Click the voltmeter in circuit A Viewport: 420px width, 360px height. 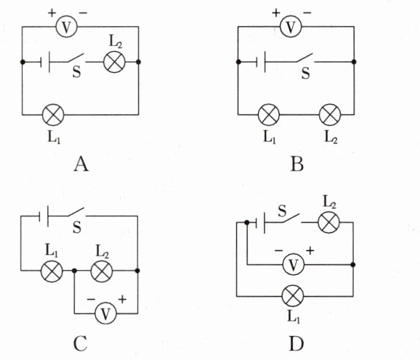[66, 27]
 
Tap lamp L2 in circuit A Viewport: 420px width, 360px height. [114, 62]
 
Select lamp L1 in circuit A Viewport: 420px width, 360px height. [53, 115]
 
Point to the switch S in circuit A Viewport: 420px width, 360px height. [76, 59]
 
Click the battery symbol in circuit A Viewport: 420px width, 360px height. [45, 62]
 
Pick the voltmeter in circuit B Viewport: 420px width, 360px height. [291, 27]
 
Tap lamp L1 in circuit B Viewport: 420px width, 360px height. [269, 115]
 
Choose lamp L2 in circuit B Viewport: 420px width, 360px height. [330, 115]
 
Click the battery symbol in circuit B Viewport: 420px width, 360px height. [261, 62]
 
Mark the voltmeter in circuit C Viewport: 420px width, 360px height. [106, 314]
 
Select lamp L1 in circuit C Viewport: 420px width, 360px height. [52, 271]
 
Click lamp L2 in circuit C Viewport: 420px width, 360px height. [102, 271]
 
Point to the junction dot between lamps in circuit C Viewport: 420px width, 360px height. [74, 271]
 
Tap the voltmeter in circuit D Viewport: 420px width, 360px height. [294, 265]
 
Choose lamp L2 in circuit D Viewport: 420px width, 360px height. [329, 222]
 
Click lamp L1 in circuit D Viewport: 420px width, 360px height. [293, 296]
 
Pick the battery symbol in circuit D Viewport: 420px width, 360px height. [260, 223]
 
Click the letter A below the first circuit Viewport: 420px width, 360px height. [80, 164]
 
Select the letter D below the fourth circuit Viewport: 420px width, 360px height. [296, 344]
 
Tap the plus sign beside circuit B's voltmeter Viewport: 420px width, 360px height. [276, 12]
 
